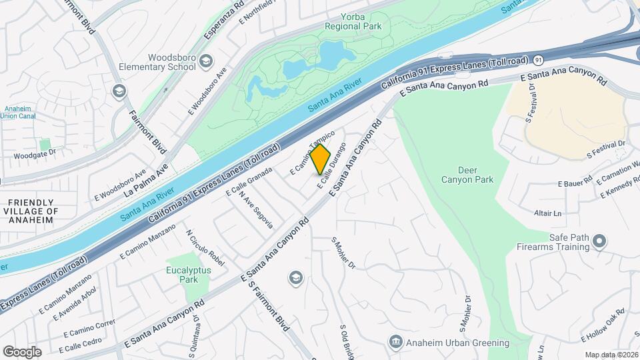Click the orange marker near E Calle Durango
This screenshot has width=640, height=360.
click(321, 160)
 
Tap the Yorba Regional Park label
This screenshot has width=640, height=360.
click(353, 21)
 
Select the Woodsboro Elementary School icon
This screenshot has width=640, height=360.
click(206, 62)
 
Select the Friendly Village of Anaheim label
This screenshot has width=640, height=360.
click(31, 211)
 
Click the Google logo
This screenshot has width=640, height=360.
click(22, 351)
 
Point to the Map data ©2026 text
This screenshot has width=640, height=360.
click(611, 355)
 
